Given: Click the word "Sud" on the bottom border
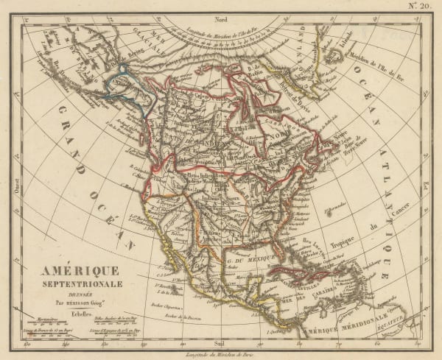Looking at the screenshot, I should pyautogui.click(x=217, y=342).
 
